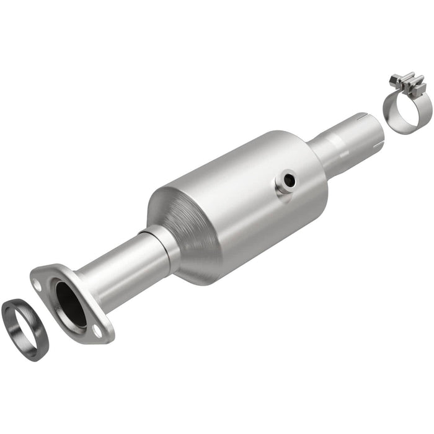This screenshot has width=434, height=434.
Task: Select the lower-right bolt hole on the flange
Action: pos(97,332)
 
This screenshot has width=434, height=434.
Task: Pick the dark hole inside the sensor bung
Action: pos(288,180)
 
